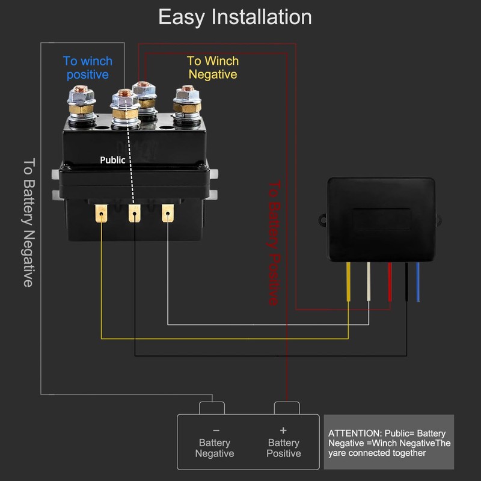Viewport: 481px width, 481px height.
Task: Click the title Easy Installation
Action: click(235, 17)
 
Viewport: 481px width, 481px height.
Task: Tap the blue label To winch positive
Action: click(87, 67)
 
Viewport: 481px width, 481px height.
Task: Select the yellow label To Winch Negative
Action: click(213, 67)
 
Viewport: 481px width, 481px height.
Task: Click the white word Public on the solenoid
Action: click(112, 161)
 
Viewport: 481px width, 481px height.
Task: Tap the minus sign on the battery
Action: click(216, 430)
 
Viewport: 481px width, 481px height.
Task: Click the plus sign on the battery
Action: click(283, 430)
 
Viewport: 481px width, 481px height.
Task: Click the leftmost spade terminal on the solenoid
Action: click(102, 213)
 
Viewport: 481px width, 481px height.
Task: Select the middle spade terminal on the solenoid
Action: click(135, 213)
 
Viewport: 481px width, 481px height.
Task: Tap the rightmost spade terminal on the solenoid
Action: click(168, 213)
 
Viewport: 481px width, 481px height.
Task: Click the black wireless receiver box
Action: click(381, 219)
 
